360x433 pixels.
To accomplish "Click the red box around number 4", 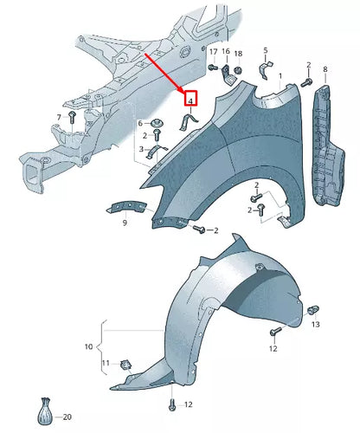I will [x=190, y=100].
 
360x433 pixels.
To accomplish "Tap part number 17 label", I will [x=213, y=53].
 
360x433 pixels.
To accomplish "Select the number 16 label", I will [x=227, y=53].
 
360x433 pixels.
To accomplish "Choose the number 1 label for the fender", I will [x=280, y=76].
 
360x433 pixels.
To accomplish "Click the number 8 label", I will [x=325, y=68].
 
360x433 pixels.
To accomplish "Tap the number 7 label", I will [x=59, y=116].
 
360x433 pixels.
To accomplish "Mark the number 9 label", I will [x=125, y=224].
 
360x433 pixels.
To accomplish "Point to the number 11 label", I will [x=105, y=362].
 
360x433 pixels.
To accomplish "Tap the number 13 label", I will [x=316, y=325].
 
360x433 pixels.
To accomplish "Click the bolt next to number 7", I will [x=73, y=115].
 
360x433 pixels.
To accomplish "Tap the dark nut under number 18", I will [x=239, y=68].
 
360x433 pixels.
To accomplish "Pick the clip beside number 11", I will [x=125, y=361].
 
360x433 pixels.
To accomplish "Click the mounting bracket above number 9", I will [x=125, y=206].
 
